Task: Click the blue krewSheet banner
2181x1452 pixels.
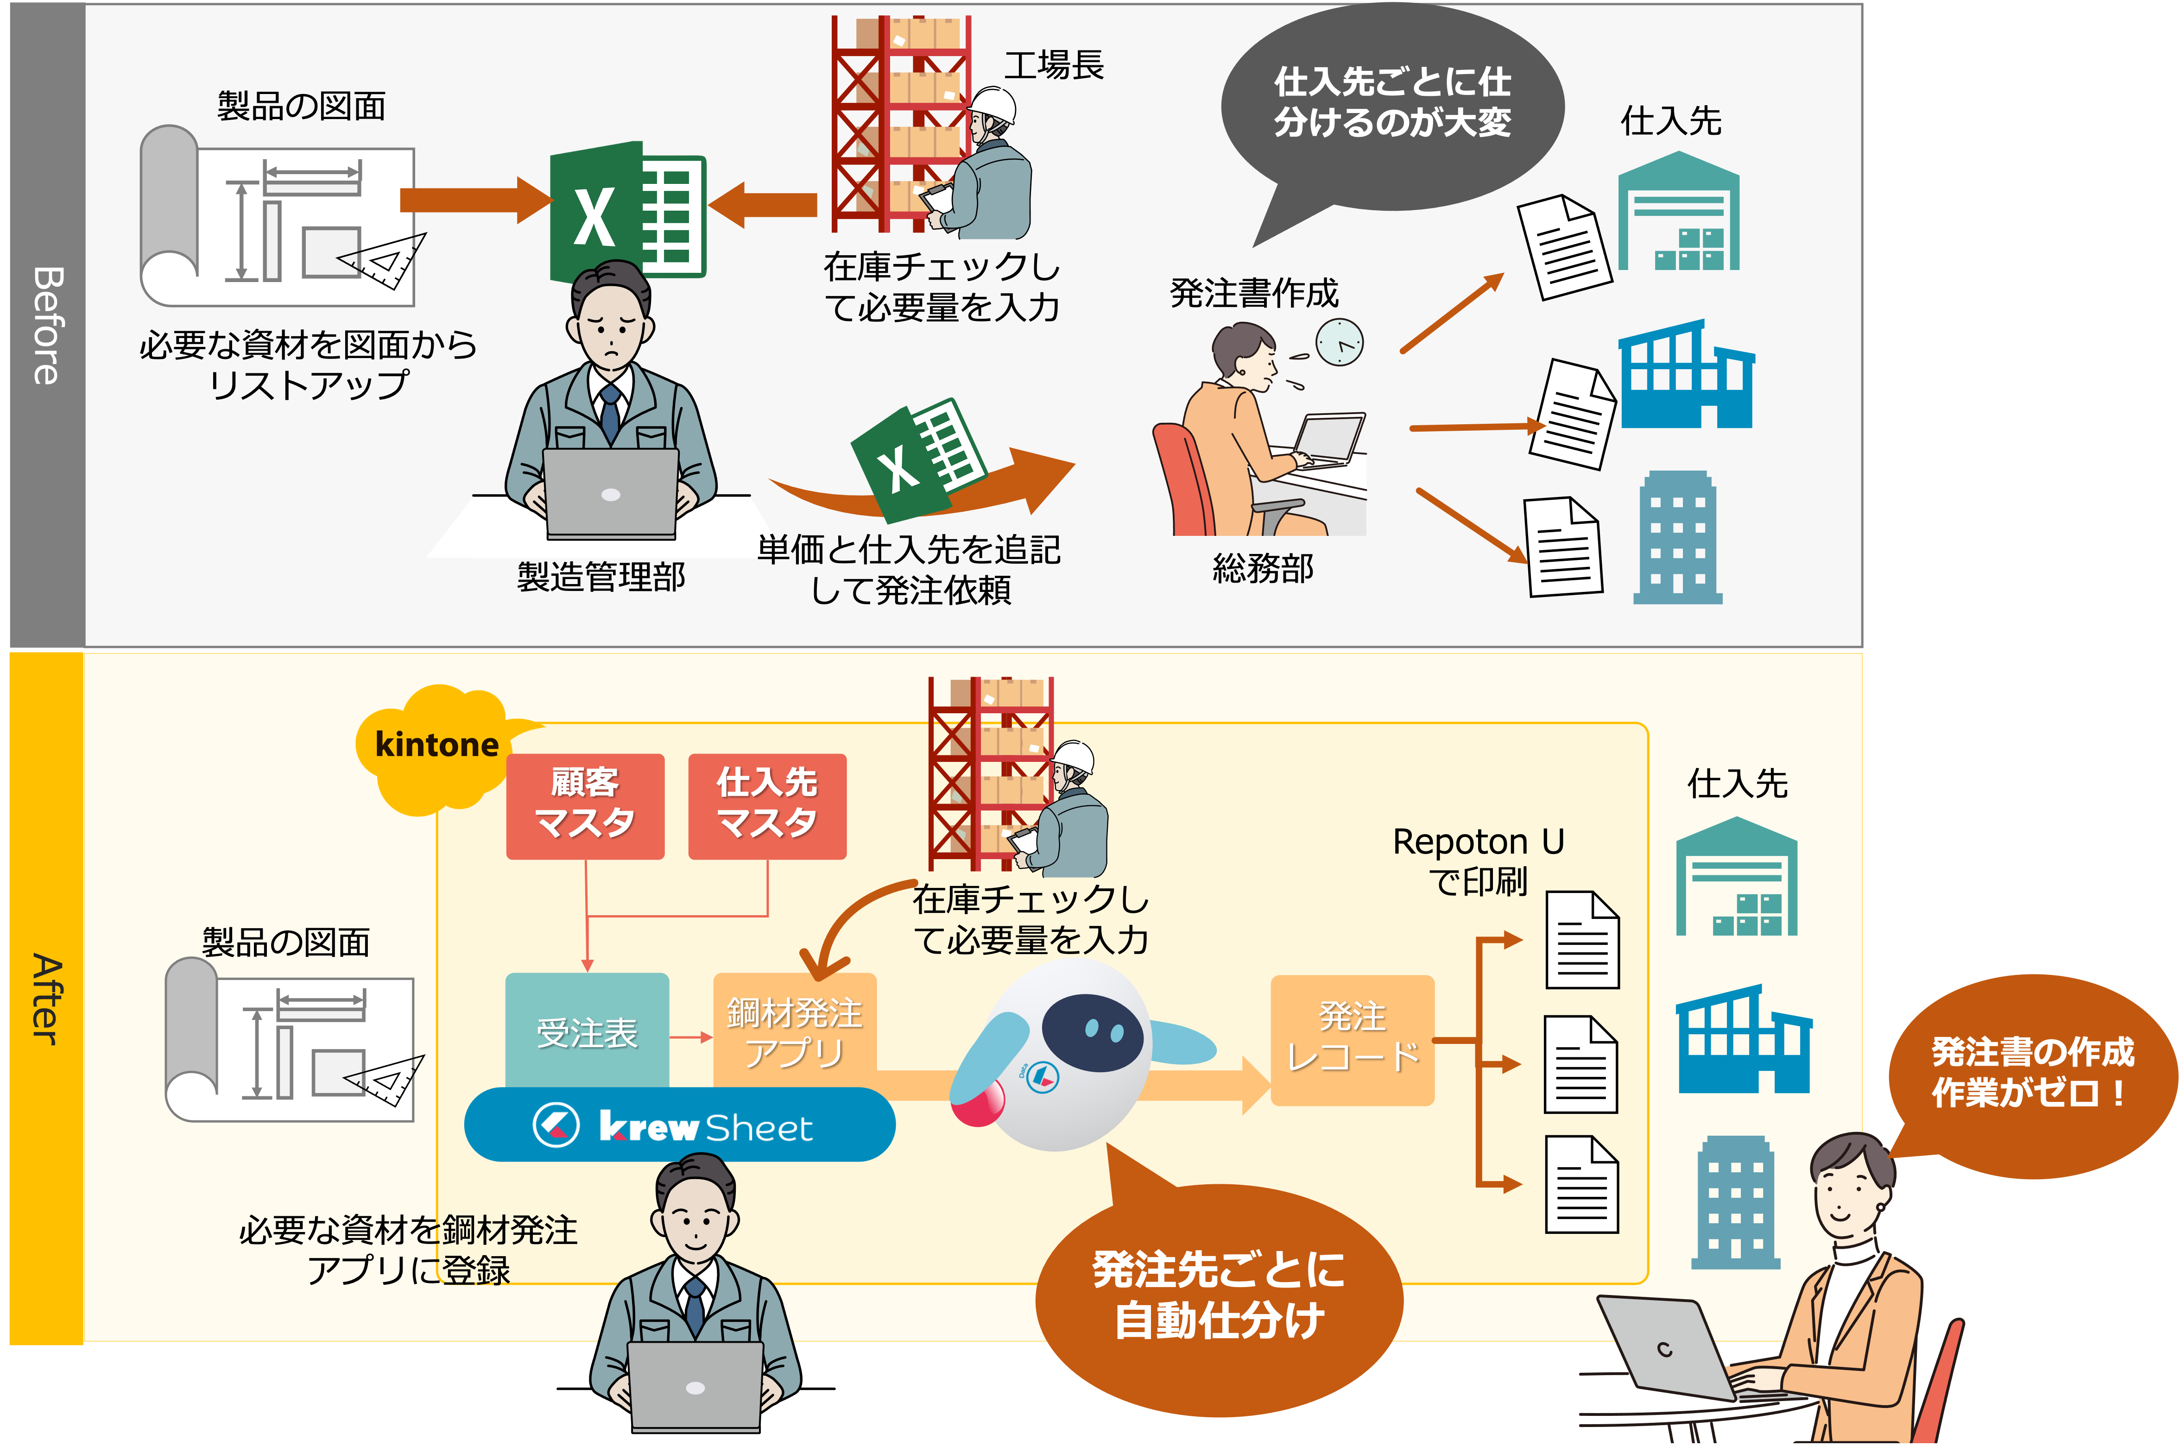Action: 679,1125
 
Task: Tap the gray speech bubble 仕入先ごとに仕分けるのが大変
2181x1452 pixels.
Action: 1392,107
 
